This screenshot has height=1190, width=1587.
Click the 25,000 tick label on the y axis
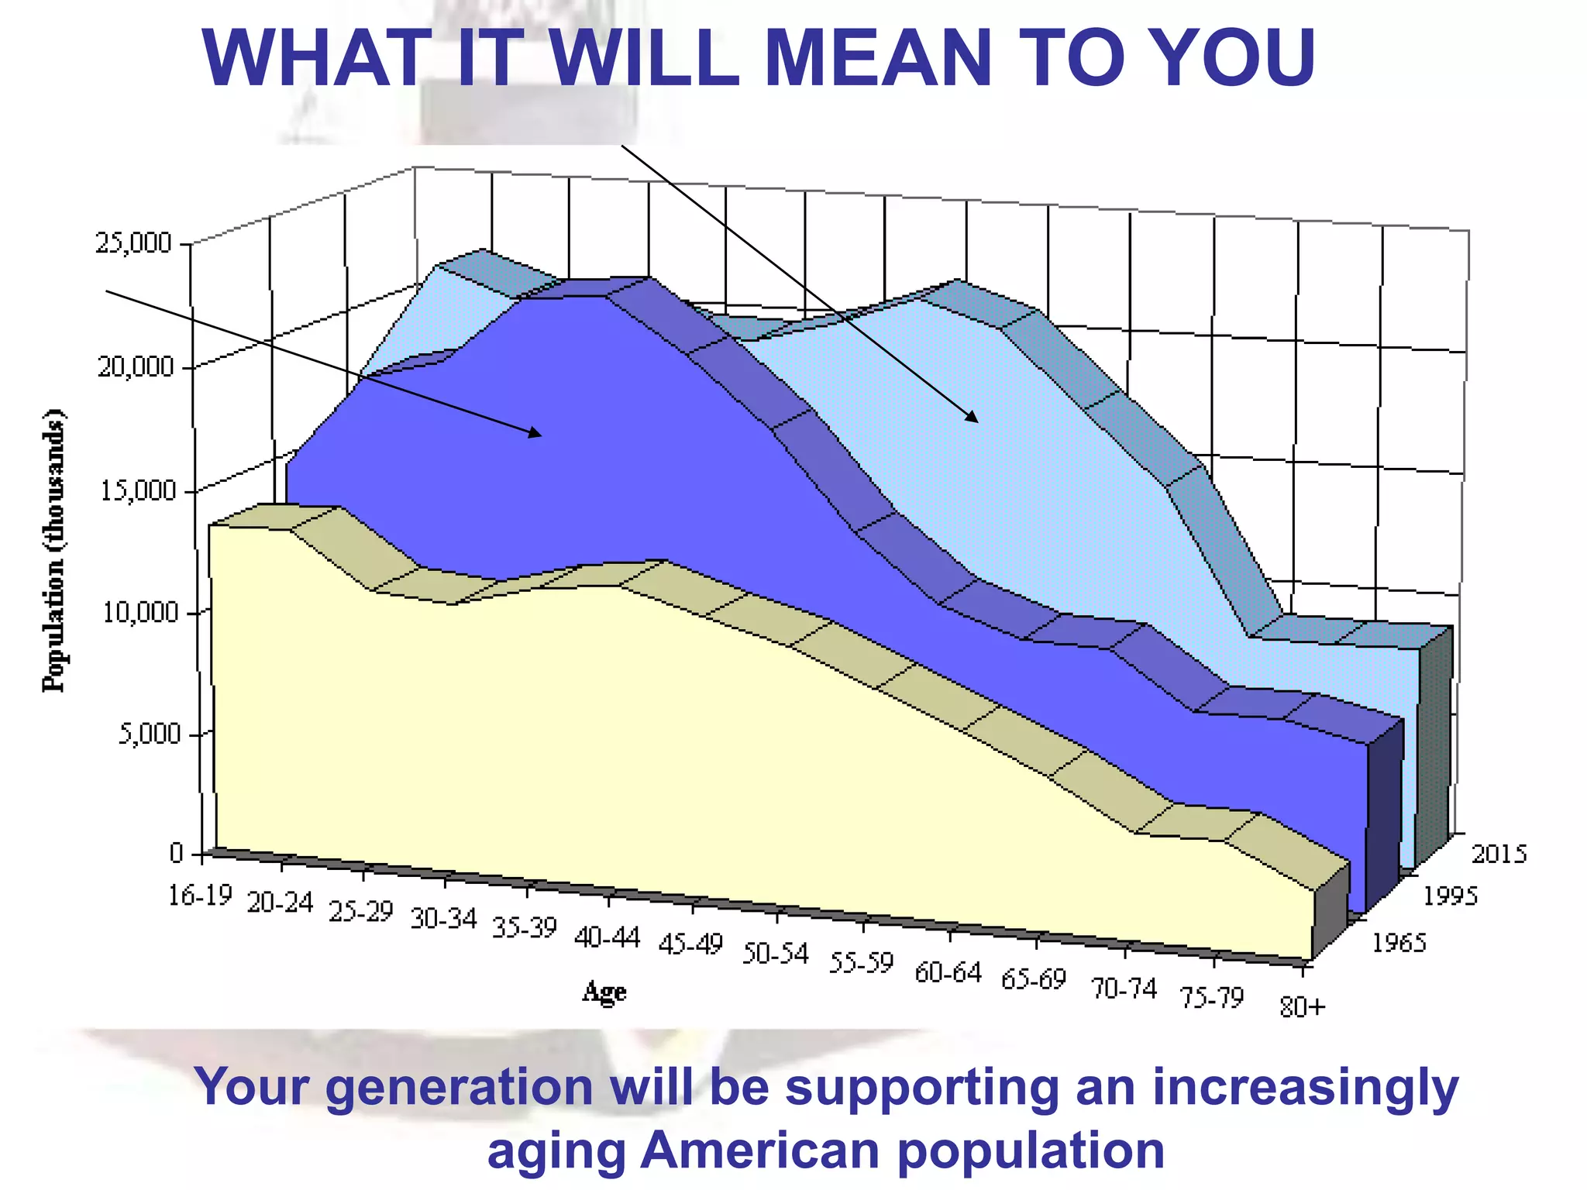pyautogui.click(x=133, y=243)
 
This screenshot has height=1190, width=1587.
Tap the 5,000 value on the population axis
pyautogui.click(x=148, y=734)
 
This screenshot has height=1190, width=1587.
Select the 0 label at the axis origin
pyautogui.click(x=176, y=853)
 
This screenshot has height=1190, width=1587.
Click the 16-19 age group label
pyautogui.click(x=200, y=896)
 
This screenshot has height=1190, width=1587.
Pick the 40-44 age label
pyautogui.click(x=608, y=938)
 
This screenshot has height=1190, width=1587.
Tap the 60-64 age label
pyautogui.click(x=948, y=972)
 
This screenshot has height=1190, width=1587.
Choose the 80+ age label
pyautogui.click(x=1303, y=1007)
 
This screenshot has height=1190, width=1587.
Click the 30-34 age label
pyautogui.click(x=443, y=920)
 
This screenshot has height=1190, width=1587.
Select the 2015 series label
pyautogui.click(x=1499, y=854)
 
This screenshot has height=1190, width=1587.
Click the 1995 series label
pyautogui.click(x=1451, y=896)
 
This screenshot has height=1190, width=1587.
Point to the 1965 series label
pyautogui.click(x=1399, y=943)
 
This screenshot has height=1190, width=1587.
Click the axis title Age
pyautogui.click(x=604, y=991)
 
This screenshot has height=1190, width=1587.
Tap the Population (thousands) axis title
pyautogui.click(x=54, y=550)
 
